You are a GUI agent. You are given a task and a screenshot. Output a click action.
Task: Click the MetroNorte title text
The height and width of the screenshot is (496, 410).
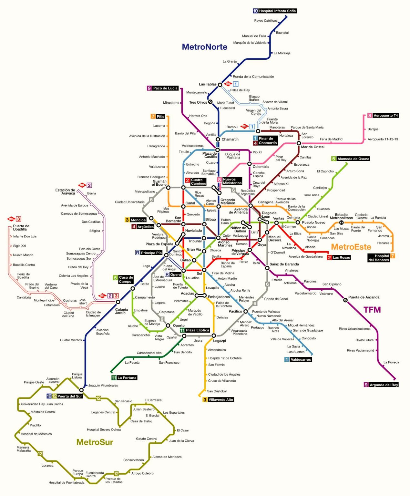click(204, 47)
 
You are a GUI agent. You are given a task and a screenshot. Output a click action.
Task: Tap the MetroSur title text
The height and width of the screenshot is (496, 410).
click(95, 442)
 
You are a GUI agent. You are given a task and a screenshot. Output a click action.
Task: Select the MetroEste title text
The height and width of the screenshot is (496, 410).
click(351, 247)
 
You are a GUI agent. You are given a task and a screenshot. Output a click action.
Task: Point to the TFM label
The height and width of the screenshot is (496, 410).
click(372, 310)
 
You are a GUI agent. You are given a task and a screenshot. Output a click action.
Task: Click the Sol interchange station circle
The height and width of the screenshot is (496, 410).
click(204, 270)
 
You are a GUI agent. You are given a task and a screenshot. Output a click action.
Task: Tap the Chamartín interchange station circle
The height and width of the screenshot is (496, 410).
click(218, 139)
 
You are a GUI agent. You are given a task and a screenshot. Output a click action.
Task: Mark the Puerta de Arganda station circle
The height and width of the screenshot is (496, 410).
click(345, 300)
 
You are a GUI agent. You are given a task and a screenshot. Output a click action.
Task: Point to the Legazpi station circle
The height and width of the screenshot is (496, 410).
click(214, 336)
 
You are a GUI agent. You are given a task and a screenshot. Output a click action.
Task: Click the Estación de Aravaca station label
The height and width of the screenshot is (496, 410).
click(65, 191)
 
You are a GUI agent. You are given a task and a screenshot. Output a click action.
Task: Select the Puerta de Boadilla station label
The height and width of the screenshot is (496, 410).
click(21, 228)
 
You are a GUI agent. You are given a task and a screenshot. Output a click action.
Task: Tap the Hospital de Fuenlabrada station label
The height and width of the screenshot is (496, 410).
click(66, 482)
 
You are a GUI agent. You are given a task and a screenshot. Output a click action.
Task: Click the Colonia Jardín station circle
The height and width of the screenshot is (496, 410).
click(118, 302)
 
